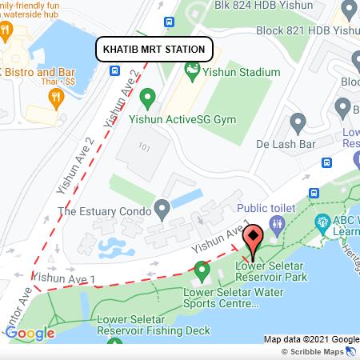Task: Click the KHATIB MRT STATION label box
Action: tap(154, 49)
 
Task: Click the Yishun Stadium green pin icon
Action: tap(192, 72)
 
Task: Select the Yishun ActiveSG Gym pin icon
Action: tap(147, 98)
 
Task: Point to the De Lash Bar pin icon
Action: tap(298, 123)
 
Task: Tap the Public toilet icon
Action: tap(277, 226)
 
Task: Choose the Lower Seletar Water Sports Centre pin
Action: tap(201, 273)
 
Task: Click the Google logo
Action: tap(30, 333)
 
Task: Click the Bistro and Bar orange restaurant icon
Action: tap(55, 98)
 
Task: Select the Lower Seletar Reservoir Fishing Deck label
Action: tap(142, 325)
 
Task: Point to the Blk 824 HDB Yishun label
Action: tap(262, 5)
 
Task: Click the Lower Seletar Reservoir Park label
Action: tap(270, 270)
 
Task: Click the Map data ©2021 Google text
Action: tap(311, 339)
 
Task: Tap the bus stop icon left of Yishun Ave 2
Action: tap(117, 70)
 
